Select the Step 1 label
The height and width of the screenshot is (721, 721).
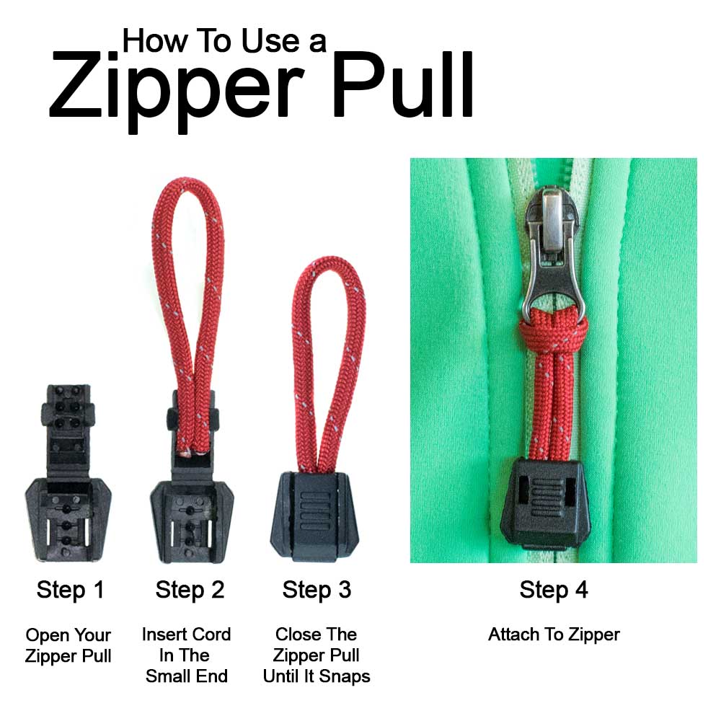click(x=70, y=590)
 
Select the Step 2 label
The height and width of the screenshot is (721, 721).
click(x=190, y=590)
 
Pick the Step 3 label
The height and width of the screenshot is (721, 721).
click(x=317, y=590)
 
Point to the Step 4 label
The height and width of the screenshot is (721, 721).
click(x=554, y=590)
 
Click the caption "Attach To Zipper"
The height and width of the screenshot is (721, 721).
click(x=554, y=634)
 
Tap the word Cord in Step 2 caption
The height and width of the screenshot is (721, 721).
click(x=210, y=634)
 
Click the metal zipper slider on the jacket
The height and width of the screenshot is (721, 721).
click(x=550, y=245)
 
